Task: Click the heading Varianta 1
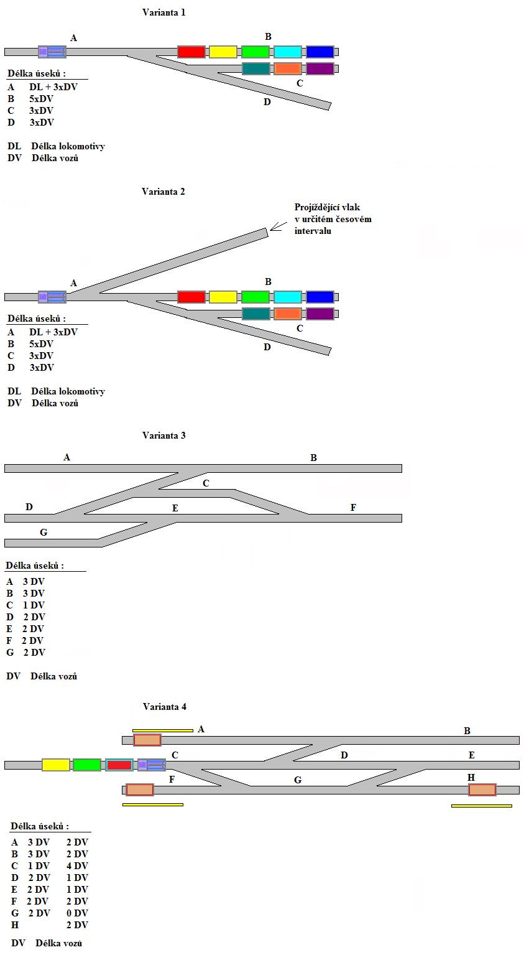(x=163, y=12)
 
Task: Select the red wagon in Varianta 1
(x=191, y=52)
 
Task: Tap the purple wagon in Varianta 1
(x=320, y=68)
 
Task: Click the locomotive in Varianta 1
(x=52, y=52)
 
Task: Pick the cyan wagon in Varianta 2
(x=288, y=297)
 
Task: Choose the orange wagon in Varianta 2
(x=288, y=314)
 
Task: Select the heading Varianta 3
(x=163, y=436)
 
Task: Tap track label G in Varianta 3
(x=44, y=533)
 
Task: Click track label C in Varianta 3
(x=206, y=483)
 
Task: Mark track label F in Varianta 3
(x=353, y=508)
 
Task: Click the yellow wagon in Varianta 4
(x=56, y=765)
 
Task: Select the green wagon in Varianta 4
(x=87, y=765)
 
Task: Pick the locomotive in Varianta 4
(x=152, y=765)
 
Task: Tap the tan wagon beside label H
(x=482, y=790)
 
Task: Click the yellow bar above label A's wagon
(x=163, y=730)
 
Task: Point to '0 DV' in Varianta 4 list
(x=77, y=913)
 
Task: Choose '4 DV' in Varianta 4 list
(x=77, y=866)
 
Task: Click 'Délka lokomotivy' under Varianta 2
(x=68, y=391)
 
